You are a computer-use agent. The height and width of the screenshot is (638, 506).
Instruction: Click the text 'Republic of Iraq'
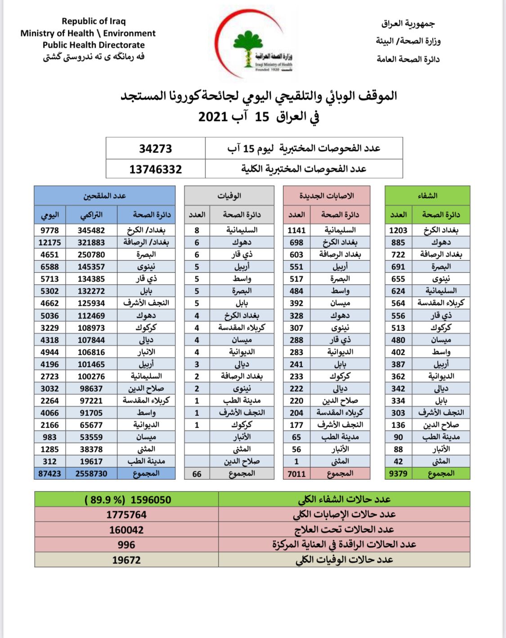pos(94,21)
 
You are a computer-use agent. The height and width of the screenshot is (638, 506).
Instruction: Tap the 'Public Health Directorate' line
pos(94,45)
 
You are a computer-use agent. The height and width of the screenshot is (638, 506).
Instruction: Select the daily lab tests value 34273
pos(155,148)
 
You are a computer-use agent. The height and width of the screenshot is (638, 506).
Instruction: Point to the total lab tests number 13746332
pos(155,170)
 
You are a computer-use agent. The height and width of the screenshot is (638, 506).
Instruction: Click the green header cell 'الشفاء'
pos(427,196)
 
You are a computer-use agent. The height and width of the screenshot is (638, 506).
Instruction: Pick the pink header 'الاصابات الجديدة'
pos(327,196)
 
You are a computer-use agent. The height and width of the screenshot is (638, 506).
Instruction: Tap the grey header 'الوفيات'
pos(229,196)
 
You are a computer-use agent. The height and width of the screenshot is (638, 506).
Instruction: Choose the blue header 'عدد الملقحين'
pos(104,196)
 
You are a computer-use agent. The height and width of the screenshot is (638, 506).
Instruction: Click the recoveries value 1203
pos(398,230)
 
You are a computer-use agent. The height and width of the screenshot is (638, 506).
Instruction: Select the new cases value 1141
pos(296,230)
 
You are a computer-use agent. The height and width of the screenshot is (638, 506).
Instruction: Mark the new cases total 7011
pos(296,474)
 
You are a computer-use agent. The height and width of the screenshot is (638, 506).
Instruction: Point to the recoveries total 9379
pos(398,473)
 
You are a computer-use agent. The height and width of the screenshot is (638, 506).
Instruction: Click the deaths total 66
pos(197,474)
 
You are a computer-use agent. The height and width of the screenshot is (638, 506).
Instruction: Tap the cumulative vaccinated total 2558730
pos(91,473)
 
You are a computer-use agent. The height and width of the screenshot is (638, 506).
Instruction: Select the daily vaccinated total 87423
pos(49,473)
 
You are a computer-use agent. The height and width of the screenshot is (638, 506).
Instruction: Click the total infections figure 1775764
pos(126,515)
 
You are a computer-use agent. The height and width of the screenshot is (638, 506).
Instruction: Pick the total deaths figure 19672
pos(126,560)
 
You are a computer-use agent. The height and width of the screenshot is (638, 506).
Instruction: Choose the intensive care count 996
pos(126,545)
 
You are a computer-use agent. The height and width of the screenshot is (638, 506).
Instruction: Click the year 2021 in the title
pos(213,117)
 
